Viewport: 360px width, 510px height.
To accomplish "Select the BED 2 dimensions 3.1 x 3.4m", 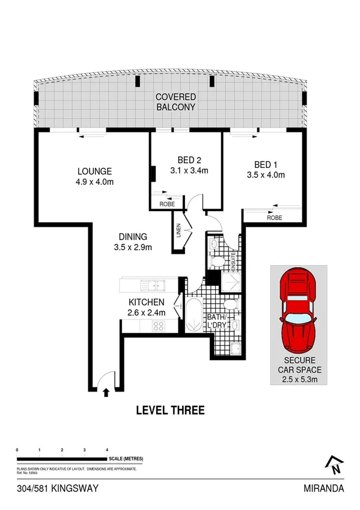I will tap(189, 170).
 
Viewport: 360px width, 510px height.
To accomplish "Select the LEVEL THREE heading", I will tap(171, 411).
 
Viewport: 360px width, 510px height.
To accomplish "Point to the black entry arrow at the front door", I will tap(106, 393).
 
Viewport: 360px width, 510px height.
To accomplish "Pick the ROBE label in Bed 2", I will tap(167, 204).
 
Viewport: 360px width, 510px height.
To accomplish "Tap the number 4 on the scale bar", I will tap(106, 450).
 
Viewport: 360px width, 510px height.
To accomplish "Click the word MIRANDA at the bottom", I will tap(324, 488).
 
